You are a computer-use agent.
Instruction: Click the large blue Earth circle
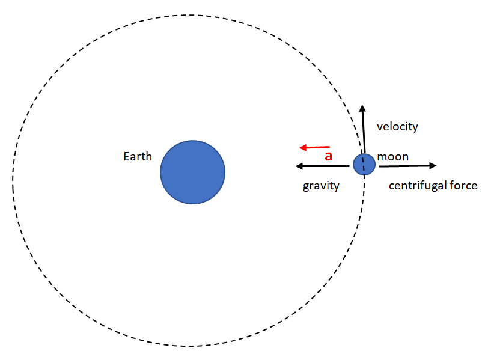[192, 172]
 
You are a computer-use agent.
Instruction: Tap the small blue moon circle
[364, 164]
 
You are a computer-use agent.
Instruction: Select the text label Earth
[138, 157]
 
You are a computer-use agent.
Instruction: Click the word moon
[393, 157]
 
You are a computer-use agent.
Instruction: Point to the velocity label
[397, 127]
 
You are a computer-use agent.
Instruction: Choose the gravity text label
[321, 186]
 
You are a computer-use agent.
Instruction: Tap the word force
[464, 186]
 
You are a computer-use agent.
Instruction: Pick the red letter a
[328, 156]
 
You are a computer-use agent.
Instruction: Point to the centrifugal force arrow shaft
[403, 166]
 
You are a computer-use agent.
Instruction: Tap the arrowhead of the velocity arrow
[362, 108]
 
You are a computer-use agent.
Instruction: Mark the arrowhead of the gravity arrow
[299, 166]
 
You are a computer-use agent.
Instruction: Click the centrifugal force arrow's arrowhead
[433, 165]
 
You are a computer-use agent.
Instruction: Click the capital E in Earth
[126, 157]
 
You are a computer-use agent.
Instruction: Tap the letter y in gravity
[337, 187]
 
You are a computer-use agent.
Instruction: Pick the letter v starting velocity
[379, 127]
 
